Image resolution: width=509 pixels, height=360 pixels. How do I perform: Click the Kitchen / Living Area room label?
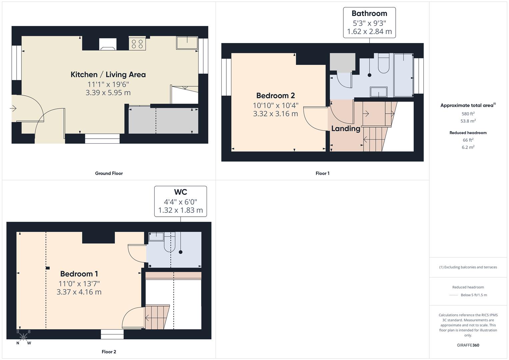[x=108, y=74]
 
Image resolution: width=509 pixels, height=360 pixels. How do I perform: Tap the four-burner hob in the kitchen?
[x=137, y=44]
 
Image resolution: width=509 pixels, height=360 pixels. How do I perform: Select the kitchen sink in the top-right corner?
[x=187, y=43]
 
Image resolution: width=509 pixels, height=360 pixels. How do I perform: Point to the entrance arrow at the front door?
[x=13, y=108]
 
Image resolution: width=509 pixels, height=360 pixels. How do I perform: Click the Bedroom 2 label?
[x=275, y=96]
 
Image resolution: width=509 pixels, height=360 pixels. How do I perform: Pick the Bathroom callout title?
[x=369, y=14]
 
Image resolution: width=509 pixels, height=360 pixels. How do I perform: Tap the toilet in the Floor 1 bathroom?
[x=384, y=64]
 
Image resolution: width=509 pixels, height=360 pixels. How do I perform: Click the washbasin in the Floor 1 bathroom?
[x=378, y=92]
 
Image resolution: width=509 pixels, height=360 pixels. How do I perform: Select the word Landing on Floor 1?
[x=346, y=128]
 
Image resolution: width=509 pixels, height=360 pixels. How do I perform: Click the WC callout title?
[x=180, y=192]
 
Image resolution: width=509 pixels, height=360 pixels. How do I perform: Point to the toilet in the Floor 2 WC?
[x=170, y=244]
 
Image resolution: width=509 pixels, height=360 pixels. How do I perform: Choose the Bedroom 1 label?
[x=79, y=274]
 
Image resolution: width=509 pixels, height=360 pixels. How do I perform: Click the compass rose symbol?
[x=23, y=337]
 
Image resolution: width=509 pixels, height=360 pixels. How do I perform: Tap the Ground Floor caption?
[x=109, y=173]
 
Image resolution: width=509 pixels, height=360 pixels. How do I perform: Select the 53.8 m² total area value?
[x=468, y=121]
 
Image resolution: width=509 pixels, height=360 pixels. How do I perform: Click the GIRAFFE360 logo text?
[x=468, y=345]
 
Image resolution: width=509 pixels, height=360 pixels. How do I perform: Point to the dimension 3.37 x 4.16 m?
[x=79, y=292]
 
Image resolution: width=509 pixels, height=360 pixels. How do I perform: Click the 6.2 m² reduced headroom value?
[x=468, y=147]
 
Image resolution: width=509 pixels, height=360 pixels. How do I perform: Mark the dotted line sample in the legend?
[x=453, y=295]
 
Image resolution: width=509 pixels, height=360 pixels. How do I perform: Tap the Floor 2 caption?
[x=109, y=352]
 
